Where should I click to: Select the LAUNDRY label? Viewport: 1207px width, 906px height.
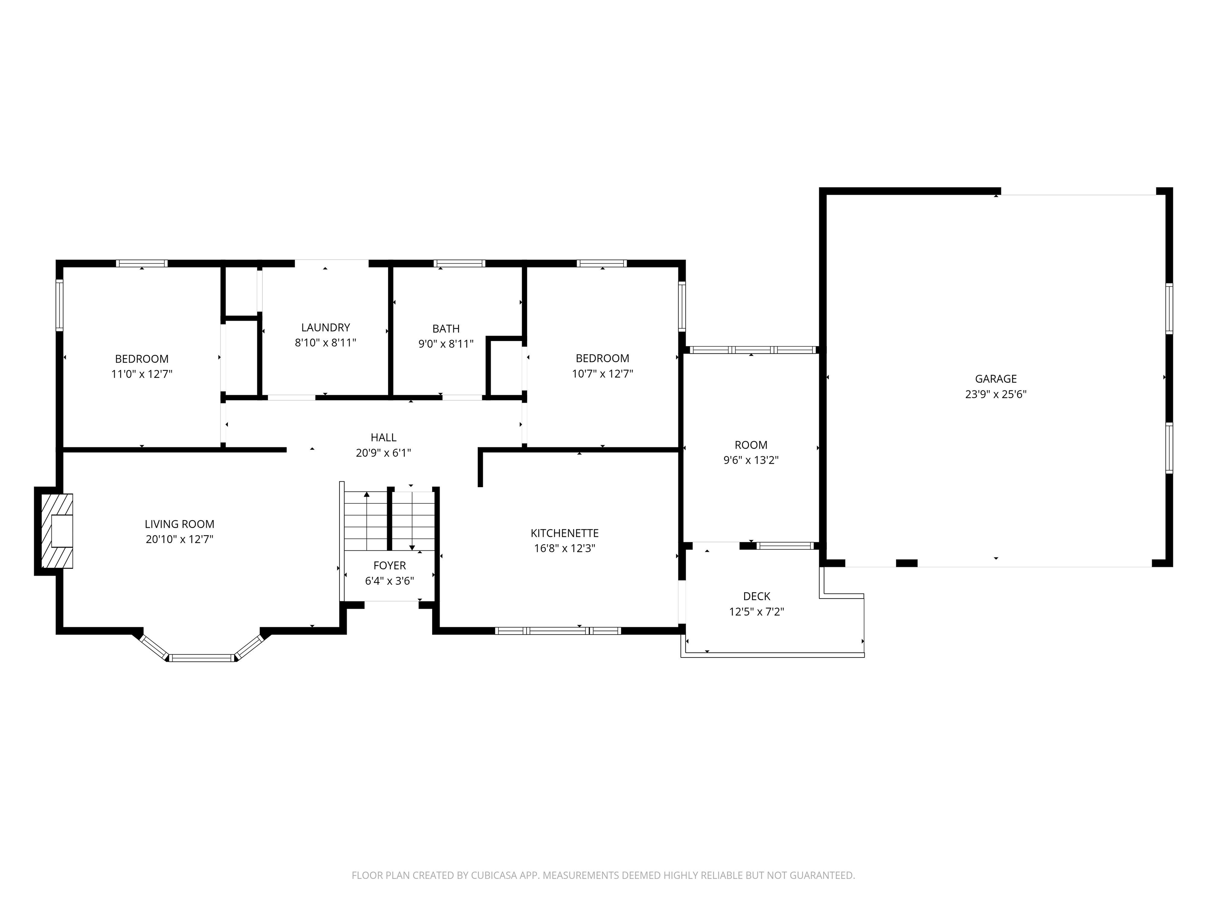[x=325, y=327]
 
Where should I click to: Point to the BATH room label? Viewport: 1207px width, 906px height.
[x=446, y=328]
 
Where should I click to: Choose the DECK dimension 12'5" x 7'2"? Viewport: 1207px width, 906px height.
[x=756, y=611]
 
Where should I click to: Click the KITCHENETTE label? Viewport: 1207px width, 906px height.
[x=564, y=532]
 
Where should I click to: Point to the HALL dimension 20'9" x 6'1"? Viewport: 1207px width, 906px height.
[x=383, y=453]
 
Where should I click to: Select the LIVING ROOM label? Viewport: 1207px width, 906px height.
[x=179, y=524]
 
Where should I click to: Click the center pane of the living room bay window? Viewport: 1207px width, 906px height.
[x=202, y=658]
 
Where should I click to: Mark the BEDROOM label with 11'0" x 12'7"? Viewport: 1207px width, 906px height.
[x=141, y=359]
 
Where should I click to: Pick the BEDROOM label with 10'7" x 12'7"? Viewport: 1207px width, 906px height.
[x=602, y=358]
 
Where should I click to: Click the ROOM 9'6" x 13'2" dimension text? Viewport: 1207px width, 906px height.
[x=750, y=460]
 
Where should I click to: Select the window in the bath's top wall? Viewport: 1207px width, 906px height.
[x=459, y=263]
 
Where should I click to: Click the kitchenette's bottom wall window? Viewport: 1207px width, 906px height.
[x=557, y=631]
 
